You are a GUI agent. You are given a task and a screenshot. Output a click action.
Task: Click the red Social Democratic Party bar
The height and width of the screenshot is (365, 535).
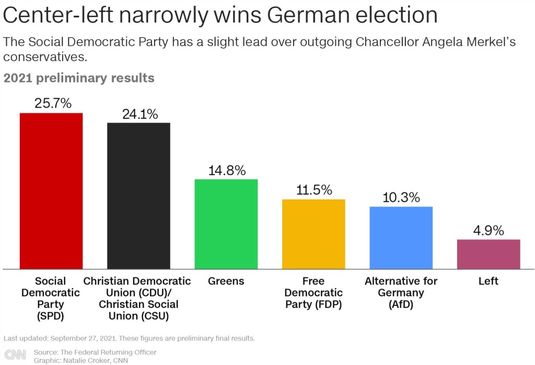point(51,191)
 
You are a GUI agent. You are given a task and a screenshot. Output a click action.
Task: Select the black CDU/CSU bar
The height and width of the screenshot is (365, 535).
point(138,196)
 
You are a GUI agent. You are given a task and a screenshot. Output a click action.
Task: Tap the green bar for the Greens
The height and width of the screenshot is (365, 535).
point(226,224)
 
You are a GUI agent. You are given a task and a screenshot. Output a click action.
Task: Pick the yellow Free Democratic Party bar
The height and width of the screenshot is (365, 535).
point(313,234)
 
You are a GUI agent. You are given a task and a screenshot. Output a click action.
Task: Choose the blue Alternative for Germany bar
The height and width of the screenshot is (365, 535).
point(401,238)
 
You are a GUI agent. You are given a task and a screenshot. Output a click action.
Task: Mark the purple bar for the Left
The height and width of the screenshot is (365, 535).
point(489,254)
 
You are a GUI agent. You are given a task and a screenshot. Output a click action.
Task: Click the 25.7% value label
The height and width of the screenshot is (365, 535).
point(53,103)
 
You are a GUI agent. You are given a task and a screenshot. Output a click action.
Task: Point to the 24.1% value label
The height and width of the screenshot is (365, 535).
point(140,114)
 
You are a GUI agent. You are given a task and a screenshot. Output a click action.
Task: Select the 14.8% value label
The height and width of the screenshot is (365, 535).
point(227,170)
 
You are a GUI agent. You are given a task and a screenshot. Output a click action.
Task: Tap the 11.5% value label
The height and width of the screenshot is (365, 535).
point(314,190)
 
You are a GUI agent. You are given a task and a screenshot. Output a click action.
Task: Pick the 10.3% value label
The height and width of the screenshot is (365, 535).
point(401,197)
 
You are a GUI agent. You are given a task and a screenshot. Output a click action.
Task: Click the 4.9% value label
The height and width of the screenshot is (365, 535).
point(489,230)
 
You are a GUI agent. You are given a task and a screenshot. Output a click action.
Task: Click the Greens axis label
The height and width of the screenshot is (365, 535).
point(226,281)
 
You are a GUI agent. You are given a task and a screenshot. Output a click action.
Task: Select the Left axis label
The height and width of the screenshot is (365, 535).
point(489,281)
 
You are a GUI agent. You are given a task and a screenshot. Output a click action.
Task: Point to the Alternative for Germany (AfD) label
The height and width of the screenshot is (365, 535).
point(401,292)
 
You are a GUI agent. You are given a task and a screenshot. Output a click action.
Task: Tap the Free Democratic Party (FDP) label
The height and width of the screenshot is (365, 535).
point(313,292)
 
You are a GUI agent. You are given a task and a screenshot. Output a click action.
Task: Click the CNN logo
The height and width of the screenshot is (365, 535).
point(15,355)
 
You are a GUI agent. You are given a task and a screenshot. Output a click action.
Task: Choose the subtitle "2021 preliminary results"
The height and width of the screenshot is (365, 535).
point(79,78)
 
